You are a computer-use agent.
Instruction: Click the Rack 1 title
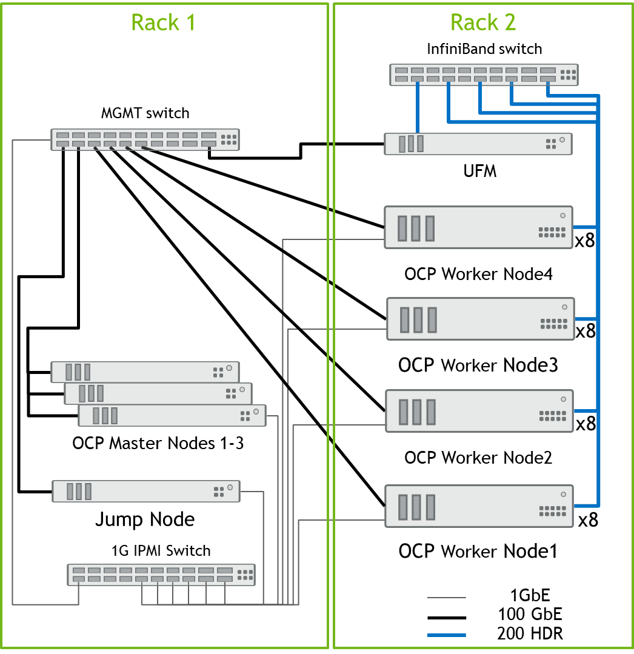(x=163, y=22)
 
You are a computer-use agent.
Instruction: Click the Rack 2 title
(x=483, y=22)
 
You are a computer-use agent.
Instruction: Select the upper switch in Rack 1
(x=145, y=139)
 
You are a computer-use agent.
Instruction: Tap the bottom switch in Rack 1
(x=161, y=575)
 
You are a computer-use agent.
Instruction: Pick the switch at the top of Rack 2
(x=483, y=75)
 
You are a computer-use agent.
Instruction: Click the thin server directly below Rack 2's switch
(x=478, y=144)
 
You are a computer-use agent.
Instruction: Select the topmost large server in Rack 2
(x=478, y=227)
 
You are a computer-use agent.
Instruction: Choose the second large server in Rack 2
(x=480, y=318)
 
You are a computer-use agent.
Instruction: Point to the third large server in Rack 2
(x=479, y=411)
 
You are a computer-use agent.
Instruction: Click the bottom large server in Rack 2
(x=479, y=506)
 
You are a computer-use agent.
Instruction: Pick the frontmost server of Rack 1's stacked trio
(x=172, y=415)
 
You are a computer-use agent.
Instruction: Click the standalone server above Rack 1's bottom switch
(x=146, y=491)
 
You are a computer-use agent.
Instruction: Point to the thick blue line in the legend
(x=446, y=635)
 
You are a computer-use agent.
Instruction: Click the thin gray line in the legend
(x=446, y=598)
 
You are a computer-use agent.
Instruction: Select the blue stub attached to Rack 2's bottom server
(x=585, y=506)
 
